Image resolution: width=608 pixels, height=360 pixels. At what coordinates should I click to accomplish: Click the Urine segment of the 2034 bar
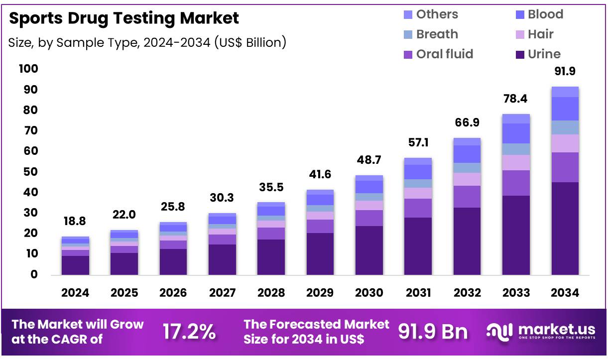pos(565,228)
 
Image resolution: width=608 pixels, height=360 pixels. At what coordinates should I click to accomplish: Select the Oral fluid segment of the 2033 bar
pos(516,183)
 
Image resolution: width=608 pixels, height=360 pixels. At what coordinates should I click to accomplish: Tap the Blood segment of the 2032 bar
pos(467,154)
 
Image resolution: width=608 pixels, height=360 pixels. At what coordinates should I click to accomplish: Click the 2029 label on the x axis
pos(320,293)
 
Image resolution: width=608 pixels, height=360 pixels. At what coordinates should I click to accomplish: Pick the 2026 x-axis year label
pos(173,293)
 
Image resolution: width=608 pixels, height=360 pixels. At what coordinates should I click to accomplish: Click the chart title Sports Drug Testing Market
pos(124,18)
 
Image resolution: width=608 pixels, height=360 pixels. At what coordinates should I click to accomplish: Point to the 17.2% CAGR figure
pos(190,332)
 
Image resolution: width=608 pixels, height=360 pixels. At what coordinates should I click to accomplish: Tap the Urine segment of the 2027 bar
pos(222,259)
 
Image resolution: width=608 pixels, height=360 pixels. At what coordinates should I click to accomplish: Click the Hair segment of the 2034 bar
pos(565,143)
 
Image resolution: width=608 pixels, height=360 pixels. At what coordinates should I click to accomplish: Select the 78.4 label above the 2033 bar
pos(516,99)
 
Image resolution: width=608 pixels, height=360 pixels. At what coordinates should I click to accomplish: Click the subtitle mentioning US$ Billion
pos(147,43)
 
